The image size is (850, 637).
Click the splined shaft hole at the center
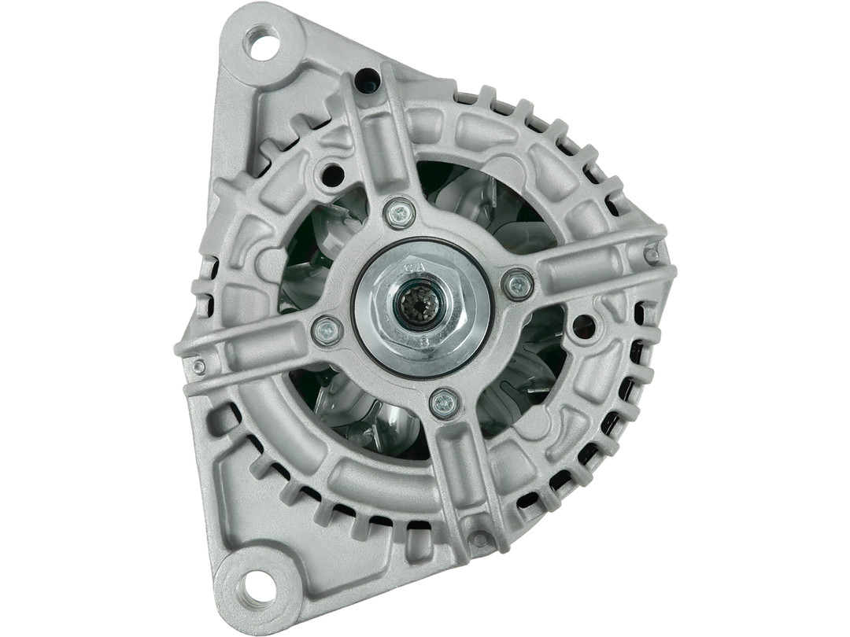pyautogui.click(x=415, y=300)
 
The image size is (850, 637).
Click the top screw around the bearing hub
pyautogui.click(x=400, y=212)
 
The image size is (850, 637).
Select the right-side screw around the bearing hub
pyautogui.click(x=517, y=284)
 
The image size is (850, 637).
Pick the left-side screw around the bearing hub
pyautogui.click(x=327, y=330)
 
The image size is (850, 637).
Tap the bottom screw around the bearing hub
pyautogui.click(x=445, y=403)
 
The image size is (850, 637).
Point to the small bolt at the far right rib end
pyautogui.click(x=651, y=254)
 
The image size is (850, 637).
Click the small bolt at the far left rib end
pyautogui.click(x=198, y=366)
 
